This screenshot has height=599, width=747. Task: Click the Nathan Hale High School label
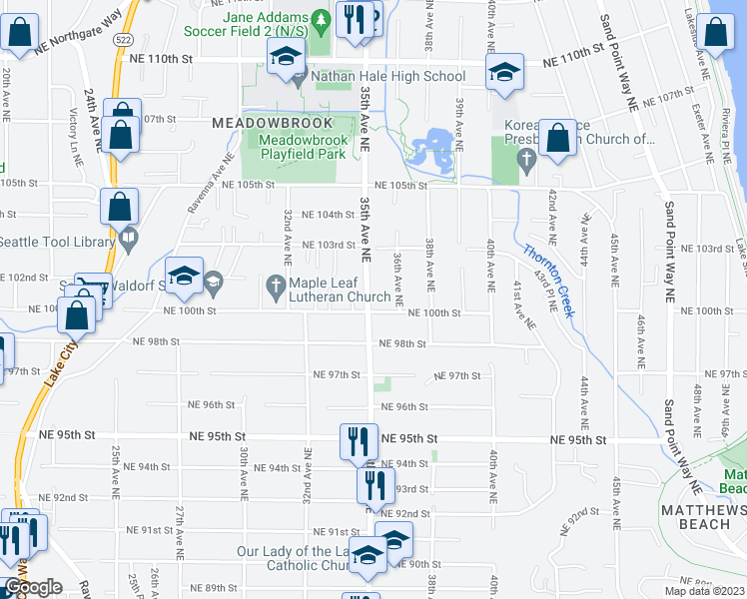[x=387, y=76]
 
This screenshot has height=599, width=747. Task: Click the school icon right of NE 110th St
[x=504, y=73]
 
